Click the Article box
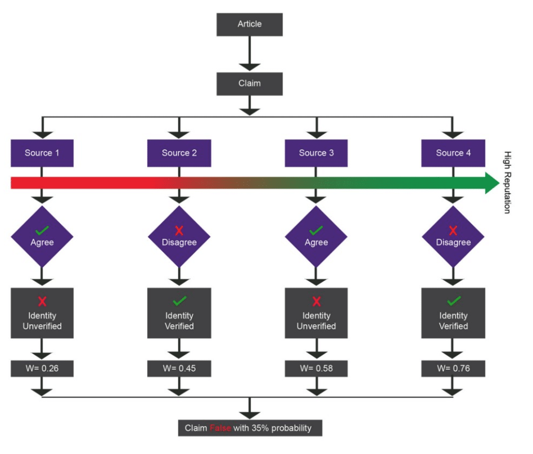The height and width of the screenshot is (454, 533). tap(250, 24)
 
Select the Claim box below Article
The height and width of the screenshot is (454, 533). tap(250, 83)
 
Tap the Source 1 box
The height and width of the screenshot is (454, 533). tap(42, 153)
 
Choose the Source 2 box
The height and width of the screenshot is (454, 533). tap(179, 153)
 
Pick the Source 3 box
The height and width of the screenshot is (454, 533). tap(317, 153)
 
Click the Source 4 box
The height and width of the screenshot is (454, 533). tap(453, 153)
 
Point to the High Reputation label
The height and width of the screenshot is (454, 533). tap(508, 183)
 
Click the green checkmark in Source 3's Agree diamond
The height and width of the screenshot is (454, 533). tap(317, 230)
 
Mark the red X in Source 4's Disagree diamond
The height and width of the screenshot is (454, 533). tap(453, 230)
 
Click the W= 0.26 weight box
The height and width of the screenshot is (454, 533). tap(42, 369)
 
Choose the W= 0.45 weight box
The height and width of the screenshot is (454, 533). tap(179, 369)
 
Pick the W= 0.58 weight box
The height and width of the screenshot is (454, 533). tap(317, 369)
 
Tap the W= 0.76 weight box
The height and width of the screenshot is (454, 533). tap(453, 369)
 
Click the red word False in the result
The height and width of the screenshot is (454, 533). tap(220, 428)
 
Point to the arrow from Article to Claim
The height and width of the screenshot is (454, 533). tap(250, 54)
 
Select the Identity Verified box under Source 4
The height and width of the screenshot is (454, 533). tap(453, 313)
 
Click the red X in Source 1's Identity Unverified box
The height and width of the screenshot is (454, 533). tap(42, 302)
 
